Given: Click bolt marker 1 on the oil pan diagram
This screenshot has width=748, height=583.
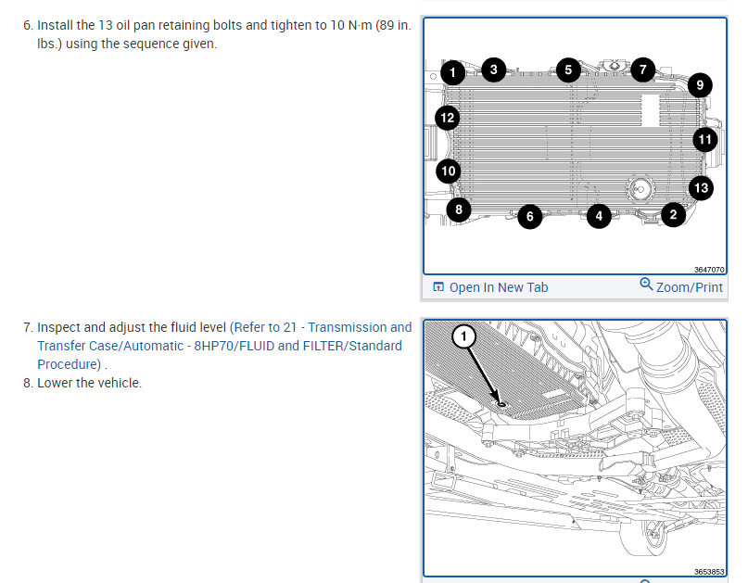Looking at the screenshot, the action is [452, 73].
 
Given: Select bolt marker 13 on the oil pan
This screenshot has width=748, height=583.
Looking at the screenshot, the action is [702, 188].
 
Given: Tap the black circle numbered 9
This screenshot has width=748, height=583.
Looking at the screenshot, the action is [700, 85].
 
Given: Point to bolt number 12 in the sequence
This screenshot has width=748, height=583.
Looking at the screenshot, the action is [448, 118].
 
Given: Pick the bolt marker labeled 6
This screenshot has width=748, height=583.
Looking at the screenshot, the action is [529, 217].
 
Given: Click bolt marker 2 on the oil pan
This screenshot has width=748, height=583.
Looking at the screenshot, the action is [673, 215].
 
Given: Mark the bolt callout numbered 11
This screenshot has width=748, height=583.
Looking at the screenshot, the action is [705, 140].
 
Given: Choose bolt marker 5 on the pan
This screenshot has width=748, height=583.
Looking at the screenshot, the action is [568, 70].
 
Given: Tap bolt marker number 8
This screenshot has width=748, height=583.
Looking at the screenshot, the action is [459, 209].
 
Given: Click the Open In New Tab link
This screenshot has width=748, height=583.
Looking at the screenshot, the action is [499, 287].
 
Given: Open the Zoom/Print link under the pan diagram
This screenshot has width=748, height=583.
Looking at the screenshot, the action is [690, 287].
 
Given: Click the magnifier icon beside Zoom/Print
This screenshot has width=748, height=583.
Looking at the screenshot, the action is [646, 285].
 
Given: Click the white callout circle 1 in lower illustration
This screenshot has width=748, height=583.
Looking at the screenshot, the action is [463, 336].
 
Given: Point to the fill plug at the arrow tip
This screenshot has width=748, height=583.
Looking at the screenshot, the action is [501, 404].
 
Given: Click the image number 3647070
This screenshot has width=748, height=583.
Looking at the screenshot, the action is [709, 270].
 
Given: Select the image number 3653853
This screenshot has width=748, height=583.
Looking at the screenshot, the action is [709, 572].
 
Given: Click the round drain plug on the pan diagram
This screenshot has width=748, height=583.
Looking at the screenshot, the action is [640, 189].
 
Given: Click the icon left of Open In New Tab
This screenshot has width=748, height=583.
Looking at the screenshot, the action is [437, 286].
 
